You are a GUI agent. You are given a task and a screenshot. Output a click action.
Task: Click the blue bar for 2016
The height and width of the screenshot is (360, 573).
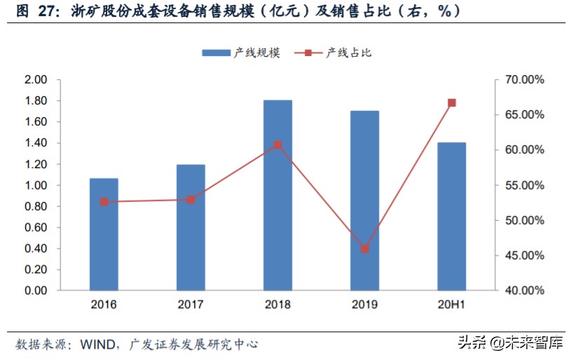pyautogui.click(x=104, y=234)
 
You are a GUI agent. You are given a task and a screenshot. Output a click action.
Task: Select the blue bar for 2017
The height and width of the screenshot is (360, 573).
pyautogui.click(x=191, y=227)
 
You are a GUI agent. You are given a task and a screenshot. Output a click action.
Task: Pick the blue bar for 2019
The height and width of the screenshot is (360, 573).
pyautogui.click(x=365, y=200)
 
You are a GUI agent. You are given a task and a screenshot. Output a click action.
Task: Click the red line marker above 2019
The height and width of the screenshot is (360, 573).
pyautogui.click(x=365, y=249)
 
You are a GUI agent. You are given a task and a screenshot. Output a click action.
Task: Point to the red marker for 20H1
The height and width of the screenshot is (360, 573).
pyautogui.click(x=452, y=103)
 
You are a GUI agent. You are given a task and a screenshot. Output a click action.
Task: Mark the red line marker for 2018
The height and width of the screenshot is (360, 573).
pyautogui.click(x=277, y=146)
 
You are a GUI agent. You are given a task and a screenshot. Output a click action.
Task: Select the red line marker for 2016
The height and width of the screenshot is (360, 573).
pyautogui.click(x=104, y=202)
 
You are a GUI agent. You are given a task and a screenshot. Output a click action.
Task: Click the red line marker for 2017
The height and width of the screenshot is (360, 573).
pyautogui.click(x=191, y=200)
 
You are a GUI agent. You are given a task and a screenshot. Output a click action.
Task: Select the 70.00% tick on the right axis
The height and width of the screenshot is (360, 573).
pyautogui.click(x=525, y=80)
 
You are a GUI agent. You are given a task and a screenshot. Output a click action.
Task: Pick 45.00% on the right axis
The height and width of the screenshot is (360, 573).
pyautogui.click(x=525, y=256)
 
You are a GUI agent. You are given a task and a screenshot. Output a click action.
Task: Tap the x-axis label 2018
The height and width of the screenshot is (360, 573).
pyautogui.click(x=277, y=305)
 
